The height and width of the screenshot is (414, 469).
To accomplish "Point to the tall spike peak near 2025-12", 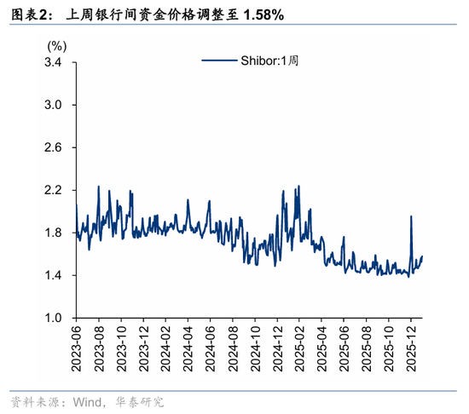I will coord(411,216).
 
